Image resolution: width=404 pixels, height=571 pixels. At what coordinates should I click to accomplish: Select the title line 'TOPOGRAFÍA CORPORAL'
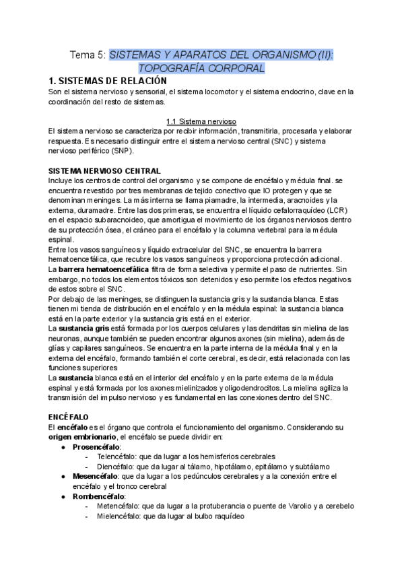(x=201, y=68)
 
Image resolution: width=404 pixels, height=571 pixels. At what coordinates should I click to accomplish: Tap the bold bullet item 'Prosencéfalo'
(x=96, y=447)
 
